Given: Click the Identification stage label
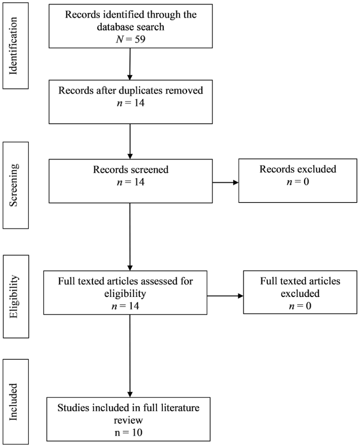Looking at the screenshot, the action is [13, 46].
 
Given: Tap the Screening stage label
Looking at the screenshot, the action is [13, 185].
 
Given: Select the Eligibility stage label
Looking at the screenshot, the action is [14, 296].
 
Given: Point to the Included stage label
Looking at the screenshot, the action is [13, 402].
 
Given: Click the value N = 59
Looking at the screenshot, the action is [131, 39].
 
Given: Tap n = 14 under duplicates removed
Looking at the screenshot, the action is [131, 103].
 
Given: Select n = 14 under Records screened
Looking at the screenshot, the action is [131, 182].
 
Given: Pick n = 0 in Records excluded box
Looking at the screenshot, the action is [298, 181].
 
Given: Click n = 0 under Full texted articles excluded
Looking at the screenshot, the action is [300, 306].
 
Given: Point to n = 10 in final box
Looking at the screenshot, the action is [128, 433].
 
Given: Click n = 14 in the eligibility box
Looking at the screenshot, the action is [125, 306].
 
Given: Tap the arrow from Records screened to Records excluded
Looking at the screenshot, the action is [226, 182].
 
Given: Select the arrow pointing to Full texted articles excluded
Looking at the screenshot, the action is [225, 296].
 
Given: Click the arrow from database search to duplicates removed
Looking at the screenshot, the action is [130, 64].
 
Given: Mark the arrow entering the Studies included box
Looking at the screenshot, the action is [130, 356].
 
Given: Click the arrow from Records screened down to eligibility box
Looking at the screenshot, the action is [130, 237].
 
